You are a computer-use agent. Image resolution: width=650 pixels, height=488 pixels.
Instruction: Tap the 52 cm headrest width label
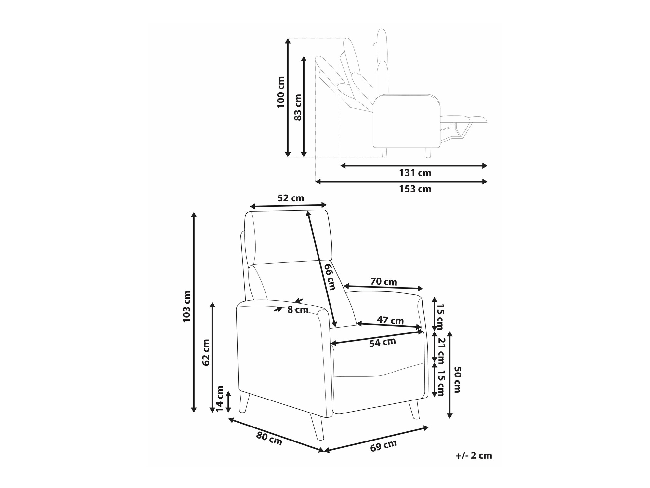point(291,198)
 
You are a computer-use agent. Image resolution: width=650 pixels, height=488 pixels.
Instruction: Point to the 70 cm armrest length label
point(383,282)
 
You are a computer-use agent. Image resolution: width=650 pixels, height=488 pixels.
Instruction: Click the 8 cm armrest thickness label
point(298,310)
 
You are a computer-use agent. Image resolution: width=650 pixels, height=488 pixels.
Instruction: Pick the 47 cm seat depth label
point(390,320)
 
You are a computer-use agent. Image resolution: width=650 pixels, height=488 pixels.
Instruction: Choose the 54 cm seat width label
point(382,342)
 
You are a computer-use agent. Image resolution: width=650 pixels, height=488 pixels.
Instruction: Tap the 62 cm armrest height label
point(206,352)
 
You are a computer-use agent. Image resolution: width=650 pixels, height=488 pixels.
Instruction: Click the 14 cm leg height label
point(220,399)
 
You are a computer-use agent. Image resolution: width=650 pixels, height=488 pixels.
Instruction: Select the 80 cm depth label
point(269,439)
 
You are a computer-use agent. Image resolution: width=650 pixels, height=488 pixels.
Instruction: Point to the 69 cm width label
point(383,446)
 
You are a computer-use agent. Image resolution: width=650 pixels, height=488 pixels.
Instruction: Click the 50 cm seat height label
point(457,379)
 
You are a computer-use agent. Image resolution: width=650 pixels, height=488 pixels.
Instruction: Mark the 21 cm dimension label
point(441,351)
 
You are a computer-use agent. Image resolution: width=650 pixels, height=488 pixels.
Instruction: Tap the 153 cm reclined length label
point(415,189)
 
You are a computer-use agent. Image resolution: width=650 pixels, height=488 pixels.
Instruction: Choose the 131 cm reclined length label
point(415,173)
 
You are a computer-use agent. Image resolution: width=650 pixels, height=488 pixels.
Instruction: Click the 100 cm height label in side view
point(281,92)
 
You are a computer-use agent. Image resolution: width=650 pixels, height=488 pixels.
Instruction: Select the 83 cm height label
point(298,107)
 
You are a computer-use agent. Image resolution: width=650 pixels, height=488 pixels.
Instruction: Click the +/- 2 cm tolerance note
point(474,455)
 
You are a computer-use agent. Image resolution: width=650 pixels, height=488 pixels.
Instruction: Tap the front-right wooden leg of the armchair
point(414,409)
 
